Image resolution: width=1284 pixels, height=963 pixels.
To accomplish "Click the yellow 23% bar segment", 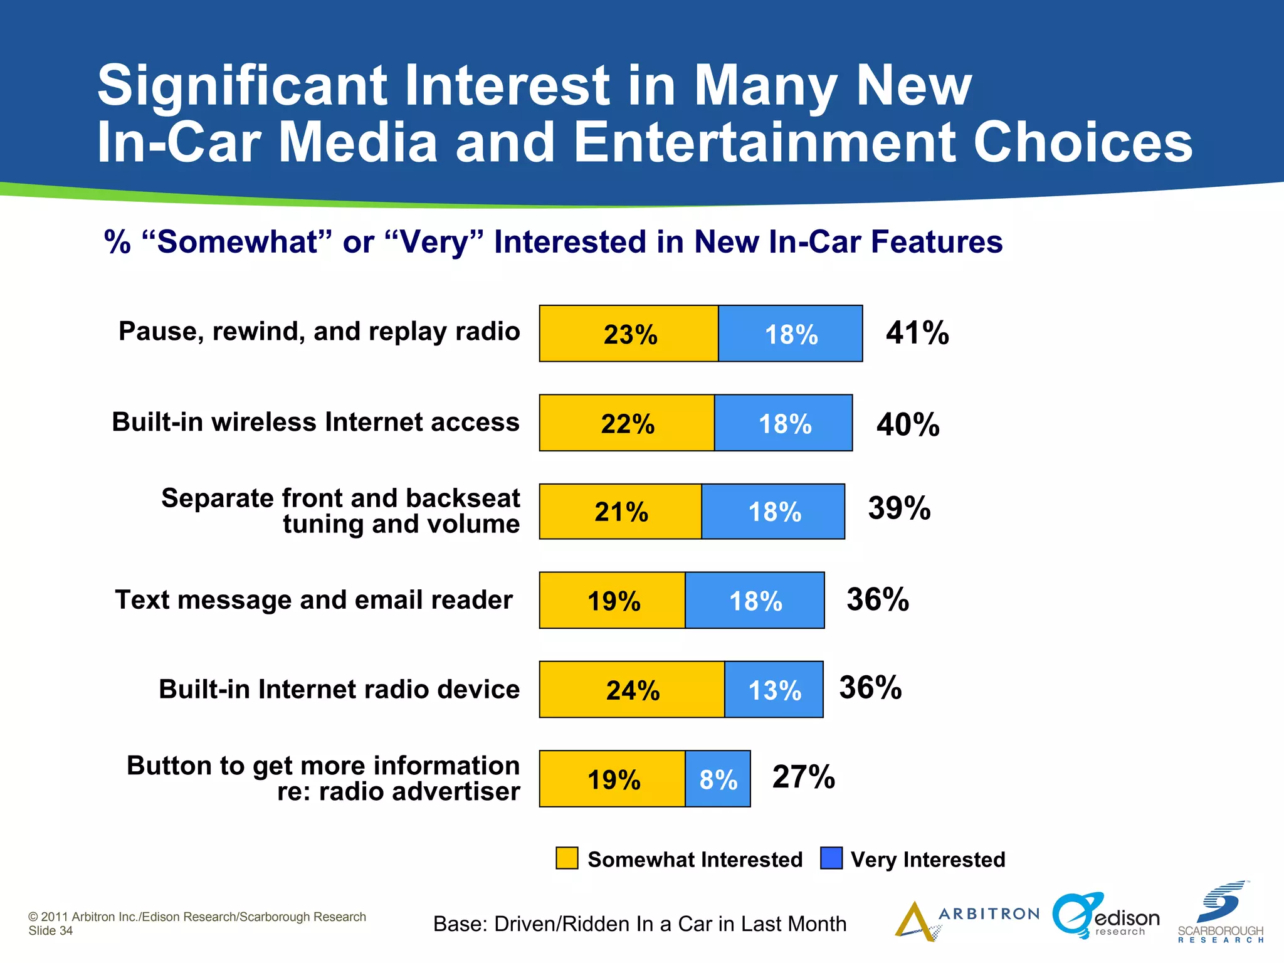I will pos(629,334).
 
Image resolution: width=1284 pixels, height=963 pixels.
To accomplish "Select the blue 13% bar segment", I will pos(774,690).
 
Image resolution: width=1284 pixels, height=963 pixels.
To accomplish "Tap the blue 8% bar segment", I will pos(718,779).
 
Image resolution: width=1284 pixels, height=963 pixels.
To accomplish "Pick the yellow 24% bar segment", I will pos(632,690).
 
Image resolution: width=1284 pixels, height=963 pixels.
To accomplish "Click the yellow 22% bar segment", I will pos(627,423).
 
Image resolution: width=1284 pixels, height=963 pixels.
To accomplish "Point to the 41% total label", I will pos(917,333).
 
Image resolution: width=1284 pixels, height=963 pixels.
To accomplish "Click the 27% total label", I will pos(803,777).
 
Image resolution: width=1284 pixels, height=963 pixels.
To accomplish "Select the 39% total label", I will pos(899,508).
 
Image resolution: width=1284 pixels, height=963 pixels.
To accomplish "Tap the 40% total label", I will pos(908,424).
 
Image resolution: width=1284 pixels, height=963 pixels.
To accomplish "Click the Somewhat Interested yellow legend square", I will pos(567,858).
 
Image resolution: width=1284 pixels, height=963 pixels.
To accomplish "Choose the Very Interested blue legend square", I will pos(831,858).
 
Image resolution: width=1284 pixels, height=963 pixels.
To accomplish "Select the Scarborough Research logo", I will pos(1220,913).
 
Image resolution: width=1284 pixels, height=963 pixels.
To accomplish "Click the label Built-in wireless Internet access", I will pos(315,422).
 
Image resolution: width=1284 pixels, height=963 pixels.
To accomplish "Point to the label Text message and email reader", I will pos(313,600).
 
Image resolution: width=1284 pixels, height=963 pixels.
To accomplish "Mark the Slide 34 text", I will pos(51,931).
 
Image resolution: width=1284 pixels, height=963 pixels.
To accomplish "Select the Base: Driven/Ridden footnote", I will pos(639,924).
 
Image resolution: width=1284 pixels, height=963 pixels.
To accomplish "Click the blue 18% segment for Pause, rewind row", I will pos(791,334).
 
